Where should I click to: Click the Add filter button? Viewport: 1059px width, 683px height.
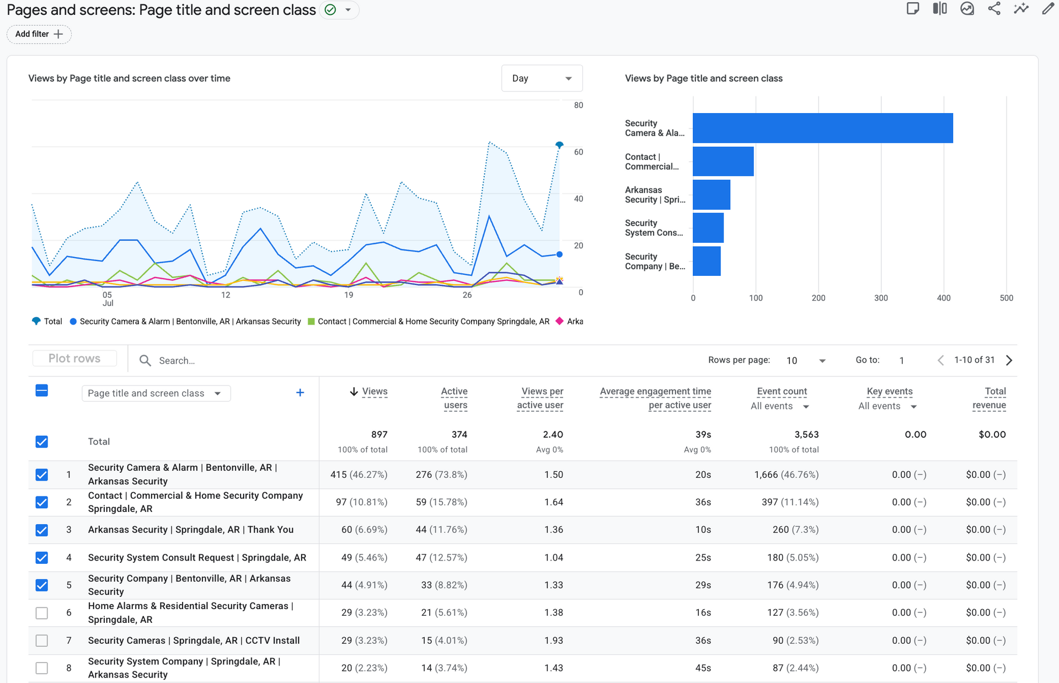click(x=39, y=34)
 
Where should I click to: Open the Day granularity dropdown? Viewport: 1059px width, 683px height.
click(x=542, y=78)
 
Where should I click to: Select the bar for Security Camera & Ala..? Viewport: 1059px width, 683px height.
click(x=822, y=128)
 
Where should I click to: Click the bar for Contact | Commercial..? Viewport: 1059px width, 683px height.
click(x=723, y=161)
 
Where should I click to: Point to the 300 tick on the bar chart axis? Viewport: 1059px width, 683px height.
click(x=881, y=298)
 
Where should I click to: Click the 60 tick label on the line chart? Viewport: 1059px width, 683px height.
click(x=578, y=152)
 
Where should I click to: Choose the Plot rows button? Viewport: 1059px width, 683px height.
click(x=74, y=358)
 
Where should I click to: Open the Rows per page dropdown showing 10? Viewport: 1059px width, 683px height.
click(x=805, y=360)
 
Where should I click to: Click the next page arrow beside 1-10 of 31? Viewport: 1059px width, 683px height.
click(x=1009, y=360)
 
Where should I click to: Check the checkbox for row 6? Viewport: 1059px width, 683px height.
click(x=42, y=613)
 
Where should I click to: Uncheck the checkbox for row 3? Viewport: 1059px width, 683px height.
click(x=42, y=530)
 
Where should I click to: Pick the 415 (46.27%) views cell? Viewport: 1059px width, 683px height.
click(x=359, y=474)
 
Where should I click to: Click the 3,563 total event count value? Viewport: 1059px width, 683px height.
click(x=806, y=435)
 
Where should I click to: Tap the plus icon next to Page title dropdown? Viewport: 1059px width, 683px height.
click(x=300, y=392)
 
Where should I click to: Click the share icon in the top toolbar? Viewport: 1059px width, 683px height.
click(x=994, y=8)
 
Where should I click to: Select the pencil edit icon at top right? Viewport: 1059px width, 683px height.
click(x=1047, y=8)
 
